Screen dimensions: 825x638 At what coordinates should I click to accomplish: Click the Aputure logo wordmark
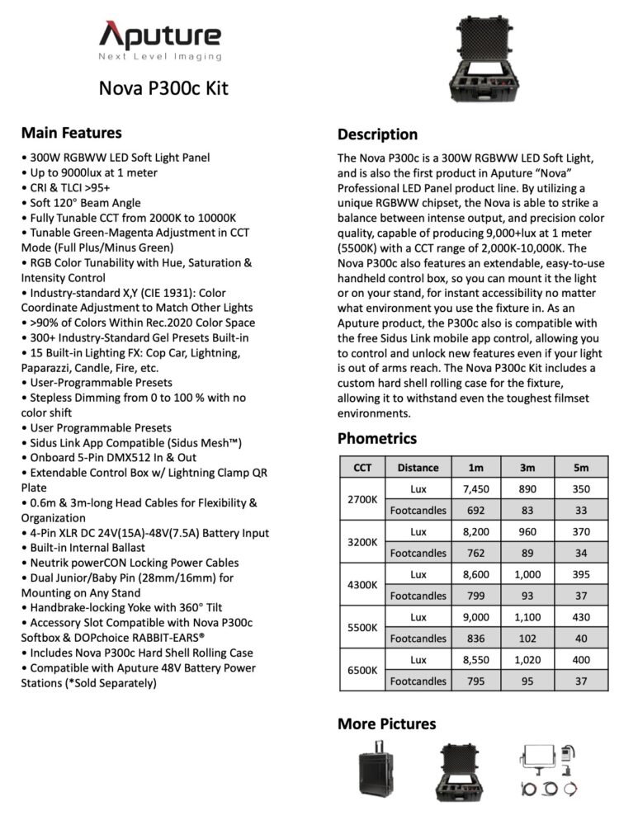tap(160, 35)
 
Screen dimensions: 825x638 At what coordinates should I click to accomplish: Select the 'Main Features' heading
tap(71, 133)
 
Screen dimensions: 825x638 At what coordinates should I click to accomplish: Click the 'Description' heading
tap(377, 134)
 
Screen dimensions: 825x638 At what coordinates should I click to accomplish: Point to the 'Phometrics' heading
tap(376, 438)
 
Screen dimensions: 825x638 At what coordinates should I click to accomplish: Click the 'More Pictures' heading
tap(386, 724)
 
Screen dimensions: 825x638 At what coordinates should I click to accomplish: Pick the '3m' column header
tap(527, 467)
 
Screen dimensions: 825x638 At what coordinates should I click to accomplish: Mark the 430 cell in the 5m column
tap(581, 617)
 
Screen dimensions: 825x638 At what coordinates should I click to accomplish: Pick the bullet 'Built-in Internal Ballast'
tap(83, 548)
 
